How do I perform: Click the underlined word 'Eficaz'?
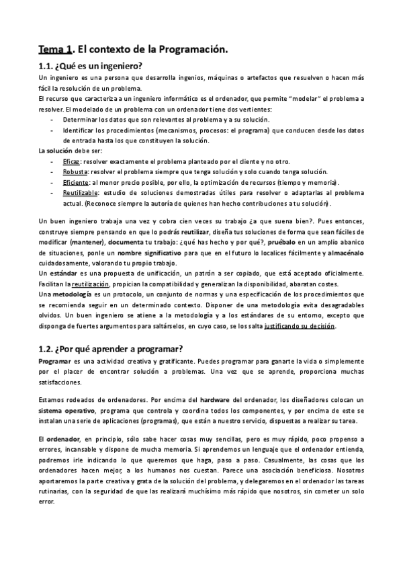coord(71,162)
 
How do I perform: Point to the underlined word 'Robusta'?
coord(74,172)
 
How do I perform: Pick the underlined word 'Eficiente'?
coord(76,182)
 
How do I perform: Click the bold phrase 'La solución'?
coord(55,152)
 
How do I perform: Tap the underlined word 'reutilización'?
coord(85,283)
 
